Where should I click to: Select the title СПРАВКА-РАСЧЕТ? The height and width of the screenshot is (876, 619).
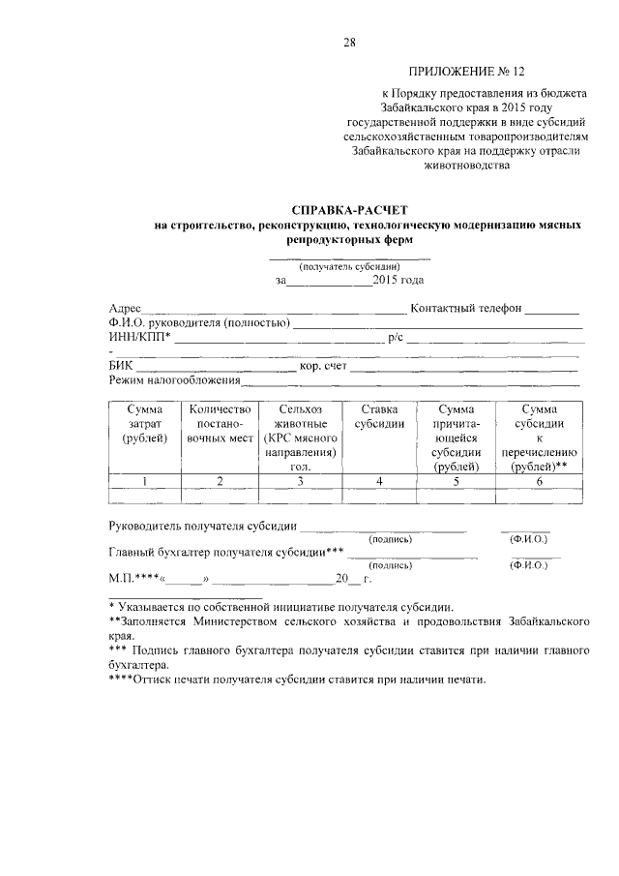[350, 209]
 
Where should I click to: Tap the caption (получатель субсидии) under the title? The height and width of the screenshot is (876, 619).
[349, 266]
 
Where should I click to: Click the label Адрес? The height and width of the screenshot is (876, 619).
[125, 309]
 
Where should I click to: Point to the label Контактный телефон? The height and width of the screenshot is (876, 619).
[466, 309]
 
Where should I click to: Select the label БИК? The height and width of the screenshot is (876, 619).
[121, 366]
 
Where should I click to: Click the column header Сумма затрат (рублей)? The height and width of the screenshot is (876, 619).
[145, 424]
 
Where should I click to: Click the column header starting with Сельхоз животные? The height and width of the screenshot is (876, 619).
[299, 438]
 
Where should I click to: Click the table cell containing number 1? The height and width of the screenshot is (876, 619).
[145, 481]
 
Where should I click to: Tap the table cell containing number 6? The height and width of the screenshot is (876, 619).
[538, 481]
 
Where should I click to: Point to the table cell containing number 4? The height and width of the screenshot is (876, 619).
[379, 481]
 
